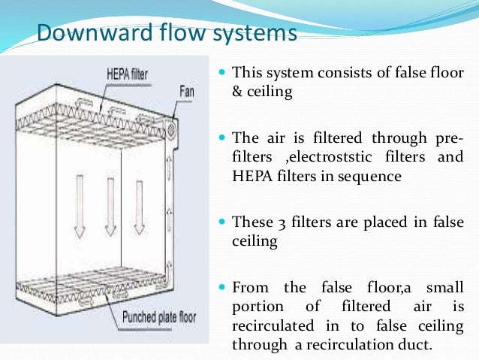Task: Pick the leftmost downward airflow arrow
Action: [x=80, y=207]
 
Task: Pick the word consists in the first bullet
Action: [x=337, y=74]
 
